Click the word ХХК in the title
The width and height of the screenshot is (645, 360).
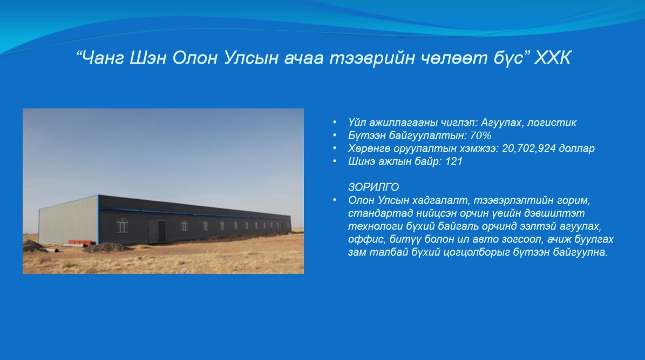point(552,58)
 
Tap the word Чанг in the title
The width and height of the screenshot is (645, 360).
point(104,58)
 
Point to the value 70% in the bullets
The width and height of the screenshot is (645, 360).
point(480,135)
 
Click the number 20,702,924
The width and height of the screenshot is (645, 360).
point(529,148)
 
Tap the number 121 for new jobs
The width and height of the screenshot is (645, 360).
point(454,161)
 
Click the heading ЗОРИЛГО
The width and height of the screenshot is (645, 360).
point(374,187)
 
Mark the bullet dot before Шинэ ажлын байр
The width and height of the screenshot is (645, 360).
point(335,161)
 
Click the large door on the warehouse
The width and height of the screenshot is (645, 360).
point(158,231)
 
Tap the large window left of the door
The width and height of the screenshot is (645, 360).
point(123,226)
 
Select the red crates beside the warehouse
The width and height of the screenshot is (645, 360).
point(82,242)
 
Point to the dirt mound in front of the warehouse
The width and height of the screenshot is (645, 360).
point(106,247)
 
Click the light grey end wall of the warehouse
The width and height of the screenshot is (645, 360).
point(69,221)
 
